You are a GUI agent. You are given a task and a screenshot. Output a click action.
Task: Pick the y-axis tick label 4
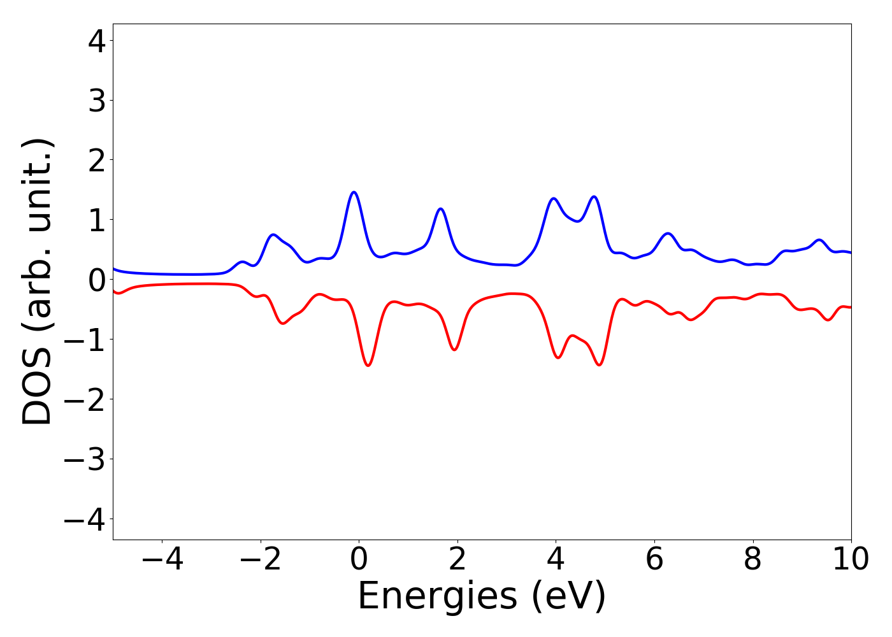97,41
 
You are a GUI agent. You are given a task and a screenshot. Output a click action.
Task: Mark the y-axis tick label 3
97,101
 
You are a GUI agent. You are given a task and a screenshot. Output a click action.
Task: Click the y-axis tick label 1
97,220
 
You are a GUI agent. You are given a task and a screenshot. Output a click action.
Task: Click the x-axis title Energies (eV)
482,597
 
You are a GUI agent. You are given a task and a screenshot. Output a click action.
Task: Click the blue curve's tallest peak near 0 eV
354,192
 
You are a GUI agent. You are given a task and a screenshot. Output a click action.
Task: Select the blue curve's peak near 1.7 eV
440,208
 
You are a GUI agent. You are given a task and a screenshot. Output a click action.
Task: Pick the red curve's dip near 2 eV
454,350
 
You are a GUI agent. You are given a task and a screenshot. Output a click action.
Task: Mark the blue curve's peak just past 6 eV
668,233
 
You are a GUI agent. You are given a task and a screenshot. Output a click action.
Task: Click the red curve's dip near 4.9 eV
600,365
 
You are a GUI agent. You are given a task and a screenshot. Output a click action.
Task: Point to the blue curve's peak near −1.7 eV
273,234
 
